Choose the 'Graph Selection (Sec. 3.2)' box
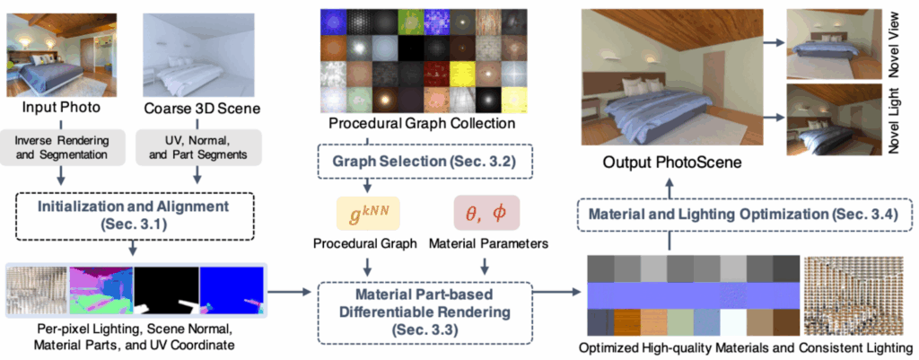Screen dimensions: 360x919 tap(420, 164)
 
